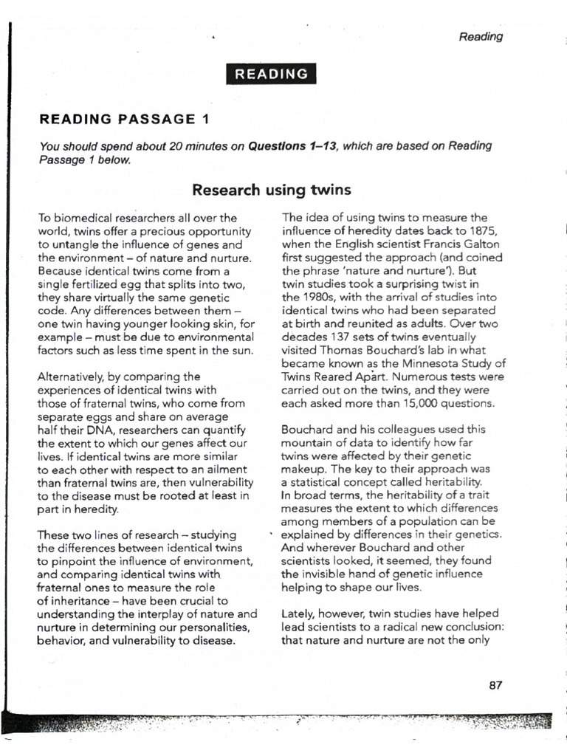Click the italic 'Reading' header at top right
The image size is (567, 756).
[481, 37]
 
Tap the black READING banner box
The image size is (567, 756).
[271, 74]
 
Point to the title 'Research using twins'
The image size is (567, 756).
[271, 190]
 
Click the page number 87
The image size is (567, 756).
[495, 684]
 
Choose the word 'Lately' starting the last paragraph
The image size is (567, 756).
[299, 614]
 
